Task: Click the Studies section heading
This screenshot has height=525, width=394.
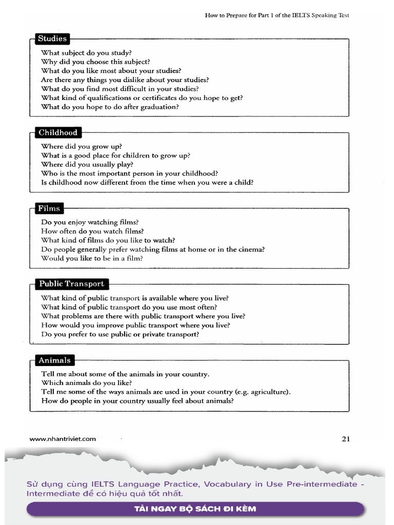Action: click(52, 38)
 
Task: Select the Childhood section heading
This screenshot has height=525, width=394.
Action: click(58, 133)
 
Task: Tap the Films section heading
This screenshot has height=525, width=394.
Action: click(49, 209)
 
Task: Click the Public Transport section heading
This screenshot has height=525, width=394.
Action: click(71, 284)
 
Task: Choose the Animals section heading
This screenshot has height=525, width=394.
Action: click(54, 360)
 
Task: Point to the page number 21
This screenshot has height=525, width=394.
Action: click(345, 438)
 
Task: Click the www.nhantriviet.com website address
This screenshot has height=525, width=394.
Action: click(63, 439)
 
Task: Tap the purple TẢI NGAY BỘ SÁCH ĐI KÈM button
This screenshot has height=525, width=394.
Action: click(195, 509)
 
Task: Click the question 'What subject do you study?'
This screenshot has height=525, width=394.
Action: click(86, 53)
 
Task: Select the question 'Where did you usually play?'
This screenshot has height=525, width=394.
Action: click(87, 165)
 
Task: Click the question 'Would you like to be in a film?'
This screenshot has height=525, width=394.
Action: click(92, 258)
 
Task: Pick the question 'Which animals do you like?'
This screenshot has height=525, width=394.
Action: click(86, 383)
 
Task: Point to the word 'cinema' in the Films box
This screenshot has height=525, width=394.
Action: click(250, 250)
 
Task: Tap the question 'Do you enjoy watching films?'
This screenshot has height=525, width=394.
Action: click(90, 223)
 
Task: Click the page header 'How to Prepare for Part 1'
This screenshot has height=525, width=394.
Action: click(277, 15)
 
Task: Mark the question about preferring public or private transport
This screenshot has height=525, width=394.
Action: click(120, 334)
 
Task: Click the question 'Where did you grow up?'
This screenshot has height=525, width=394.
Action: click(82, 147)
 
